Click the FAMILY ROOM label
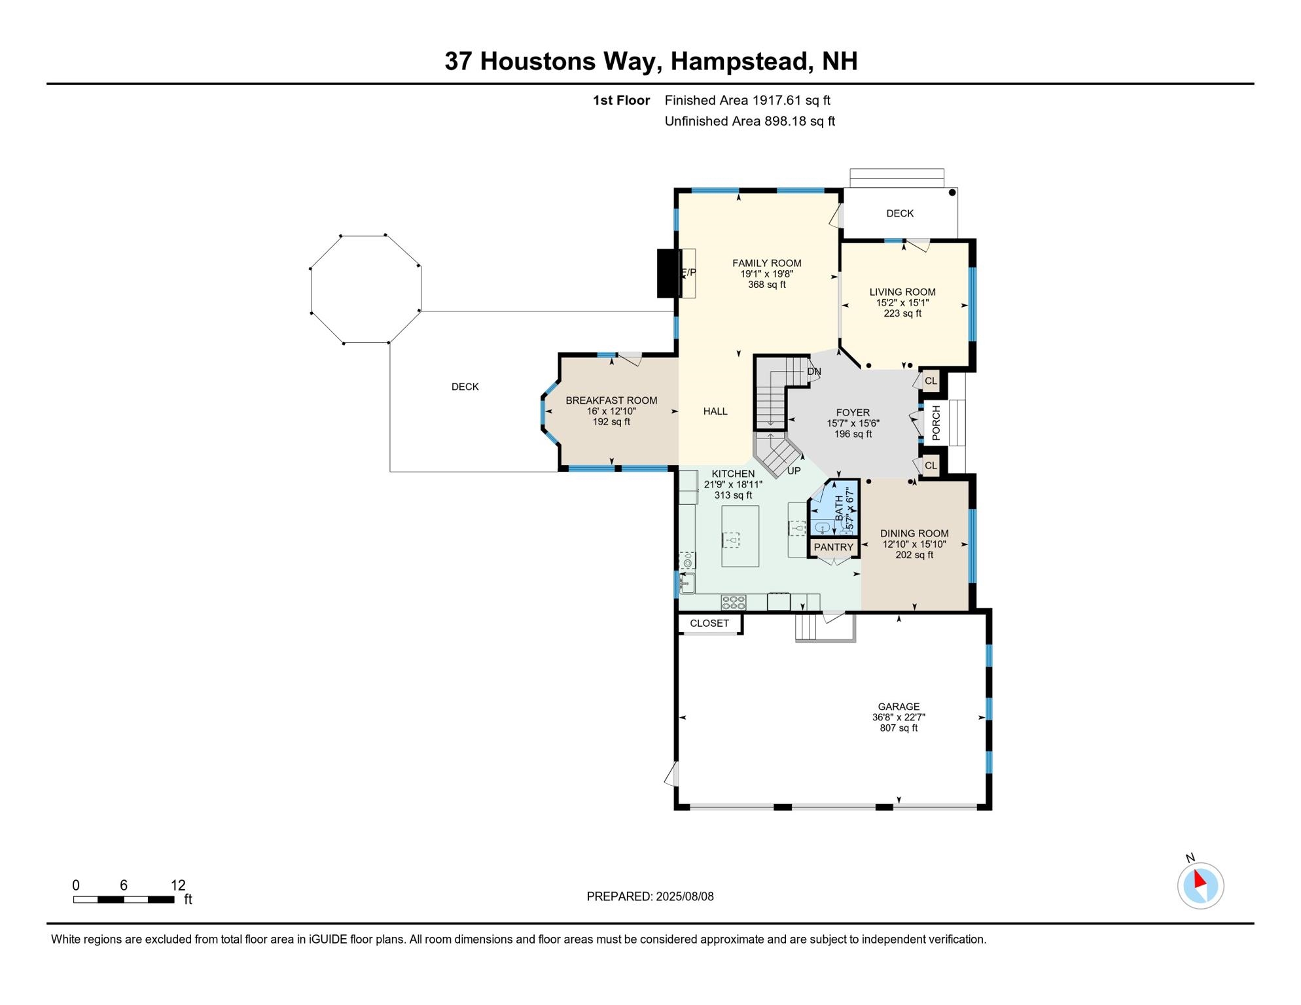coord(766,263)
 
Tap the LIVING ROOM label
coord(902,292)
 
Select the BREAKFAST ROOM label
coord(611,400)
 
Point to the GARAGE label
coord(899,707)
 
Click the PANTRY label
coord(834,547)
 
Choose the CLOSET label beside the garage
coord(709,623)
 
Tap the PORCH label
coord(936,423)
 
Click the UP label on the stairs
coord(794,470)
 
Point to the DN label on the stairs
coord(814,372)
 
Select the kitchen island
coord(740,536)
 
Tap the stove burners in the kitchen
coord(733,602)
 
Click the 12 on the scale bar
coord(178,885)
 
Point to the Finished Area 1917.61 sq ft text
coord(747,100)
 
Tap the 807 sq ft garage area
coord(899,728)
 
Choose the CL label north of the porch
coord(931,381)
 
